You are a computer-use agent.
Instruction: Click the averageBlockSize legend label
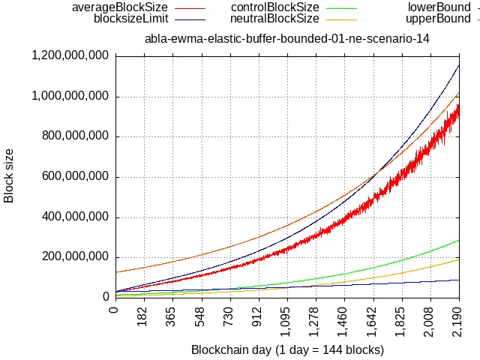(x=119, y=7)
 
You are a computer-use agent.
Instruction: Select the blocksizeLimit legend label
(x=130, y=19)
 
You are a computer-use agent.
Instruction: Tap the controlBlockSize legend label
(x=275, y=7)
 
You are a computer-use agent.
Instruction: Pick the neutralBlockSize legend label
(x=275, y=19)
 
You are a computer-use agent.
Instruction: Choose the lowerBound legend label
(x=439, y=7)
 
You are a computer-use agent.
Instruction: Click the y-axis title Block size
(x=10, y=176)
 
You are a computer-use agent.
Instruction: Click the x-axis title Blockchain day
(x=287, y=349)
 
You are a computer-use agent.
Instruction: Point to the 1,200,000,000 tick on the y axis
(x=70, y=55)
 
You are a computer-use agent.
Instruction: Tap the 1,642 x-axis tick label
(x=373, y=318)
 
